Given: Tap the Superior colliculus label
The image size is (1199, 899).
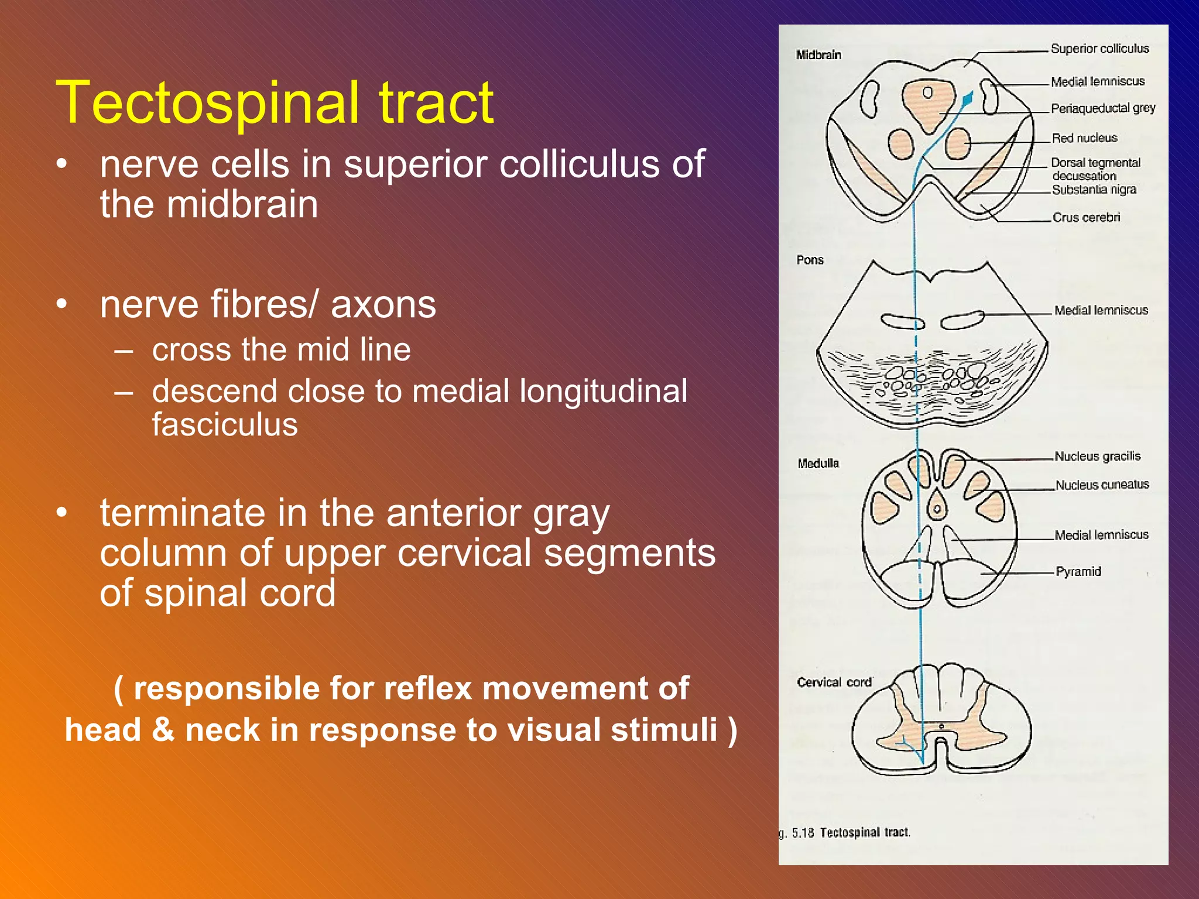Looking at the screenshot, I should [x=1099, y=49].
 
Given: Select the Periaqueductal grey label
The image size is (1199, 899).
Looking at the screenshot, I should [x=1102, y=108].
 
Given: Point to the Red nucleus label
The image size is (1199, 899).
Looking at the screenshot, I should [x=1084, y=138].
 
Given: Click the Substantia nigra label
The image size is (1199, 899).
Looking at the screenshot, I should [x=1094, y=190].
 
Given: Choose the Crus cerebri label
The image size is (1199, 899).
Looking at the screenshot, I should [x=1085, y=218].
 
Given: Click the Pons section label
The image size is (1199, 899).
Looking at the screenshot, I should [x=810, y=260].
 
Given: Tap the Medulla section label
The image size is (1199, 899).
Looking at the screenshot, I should [x=818, y=464].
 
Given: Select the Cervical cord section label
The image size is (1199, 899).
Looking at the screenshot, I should [x=834, y=682].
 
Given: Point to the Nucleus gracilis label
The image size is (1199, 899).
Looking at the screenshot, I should [x=1097, y=457].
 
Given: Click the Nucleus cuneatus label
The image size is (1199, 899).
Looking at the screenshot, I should [x=1102, y=485].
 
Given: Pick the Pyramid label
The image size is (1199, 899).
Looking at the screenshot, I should [x=1078, y=571].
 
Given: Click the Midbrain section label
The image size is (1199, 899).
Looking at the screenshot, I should [x=818, y=55].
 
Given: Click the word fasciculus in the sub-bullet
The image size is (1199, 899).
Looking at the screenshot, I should [x=225, y=425].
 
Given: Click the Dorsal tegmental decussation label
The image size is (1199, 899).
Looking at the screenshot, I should [x=1095, y=169].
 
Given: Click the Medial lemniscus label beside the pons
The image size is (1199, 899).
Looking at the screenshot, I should [x=1101, y=310].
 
